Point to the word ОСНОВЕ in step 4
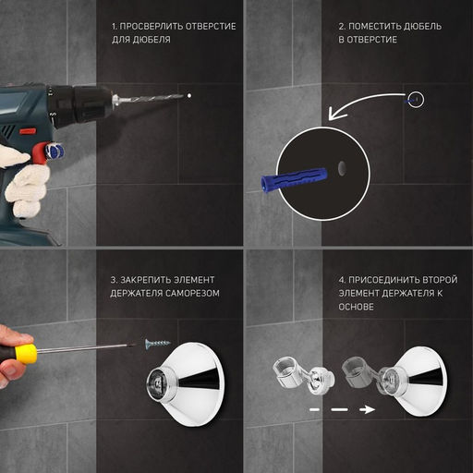[x=356, y=307]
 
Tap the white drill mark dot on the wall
[x=189, y=96]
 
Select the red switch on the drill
[x=28, y=131]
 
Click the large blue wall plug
[x=293, y=179]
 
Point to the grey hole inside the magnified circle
[x=342, y=168]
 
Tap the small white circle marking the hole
[x=416, y=100]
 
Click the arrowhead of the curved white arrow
[x=335, y=114]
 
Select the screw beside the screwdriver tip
[x=157, y=343]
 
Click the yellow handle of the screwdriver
[x=26, y=354]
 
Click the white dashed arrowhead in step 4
[x=368, y=409]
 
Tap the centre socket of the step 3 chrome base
[x=157, y=382]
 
